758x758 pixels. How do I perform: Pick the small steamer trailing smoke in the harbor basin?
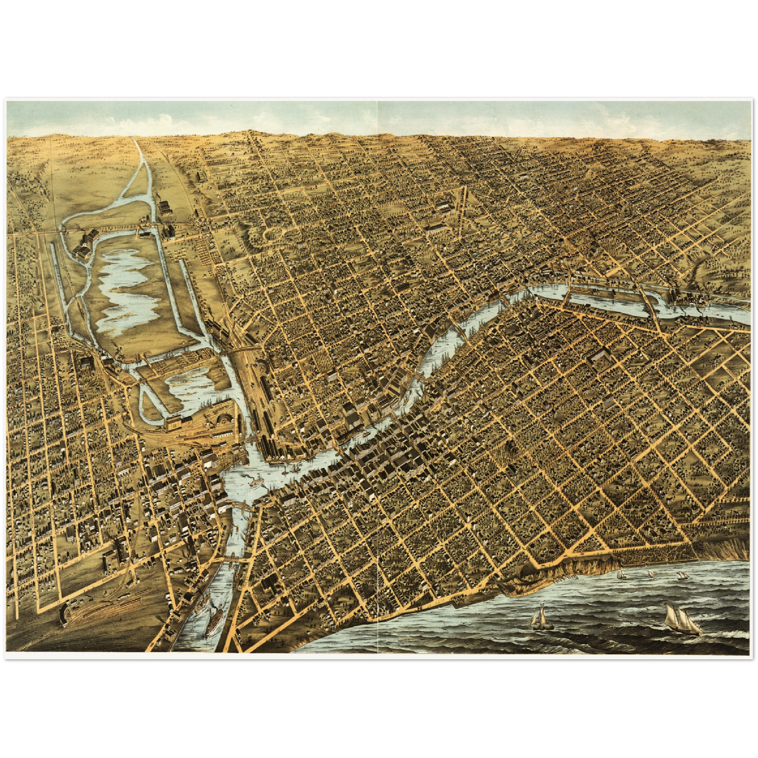tap(255, 478)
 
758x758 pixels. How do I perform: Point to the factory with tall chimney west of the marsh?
tap(87, 244)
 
